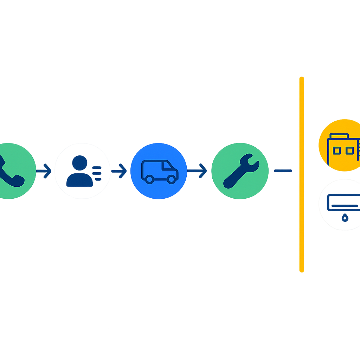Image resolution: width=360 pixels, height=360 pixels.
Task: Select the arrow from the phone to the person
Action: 44,171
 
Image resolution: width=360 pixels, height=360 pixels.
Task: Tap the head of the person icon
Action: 80,163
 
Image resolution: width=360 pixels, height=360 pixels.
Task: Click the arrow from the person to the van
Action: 119,171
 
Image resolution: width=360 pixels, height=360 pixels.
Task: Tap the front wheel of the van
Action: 172,179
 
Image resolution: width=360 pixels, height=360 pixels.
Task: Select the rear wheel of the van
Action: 149,179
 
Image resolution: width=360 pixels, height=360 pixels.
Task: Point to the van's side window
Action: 167,166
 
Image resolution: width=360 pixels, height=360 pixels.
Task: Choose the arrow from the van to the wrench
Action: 197,171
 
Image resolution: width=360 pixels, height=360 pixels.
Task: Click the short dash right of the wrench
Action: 283,171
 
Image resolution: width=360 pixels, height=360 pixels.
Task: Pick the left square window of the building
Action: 336,151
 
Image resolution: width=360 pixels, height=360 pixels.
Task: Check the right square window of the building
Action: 349,151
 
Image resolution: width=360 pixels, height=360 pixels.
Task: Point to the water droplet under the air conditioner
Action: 345,218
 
